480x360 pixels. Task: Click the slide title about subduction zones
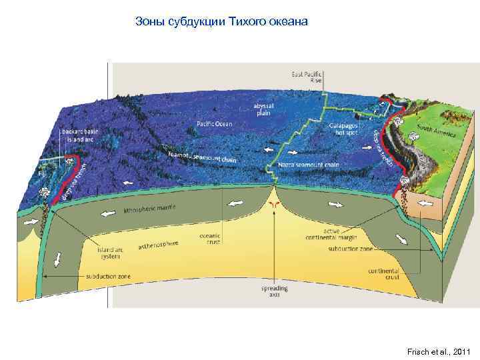point(221,22)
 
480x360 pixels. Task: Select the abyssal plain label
point(262,109)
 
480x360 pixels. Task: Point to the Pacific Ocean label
point(215,123)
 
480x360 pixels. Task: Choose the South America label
point(437,131)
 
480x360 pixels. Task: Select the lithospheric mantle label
point(151,211)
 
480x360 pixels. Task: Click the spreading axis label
point(271,291)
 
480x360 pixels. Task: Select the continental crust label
point(383,274)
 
